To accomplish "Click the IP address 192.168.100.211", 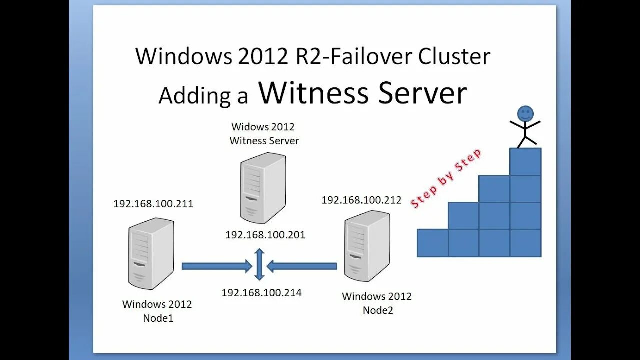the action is (153, 204).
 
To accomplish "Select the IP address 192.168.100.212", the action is (361, 200).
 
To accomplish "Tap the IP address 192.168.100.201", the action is (265, 235).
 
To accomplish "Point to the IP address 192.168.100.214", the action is (262, 293).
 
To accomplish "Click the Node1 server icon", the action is (151, 253).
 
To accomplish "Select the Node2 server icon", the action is (367, 246).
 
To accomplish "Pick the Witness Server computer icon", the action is (263, 188).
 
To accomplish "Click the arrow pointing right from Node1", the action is (216, 266).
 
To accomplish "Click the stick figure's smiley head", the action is (525, 114).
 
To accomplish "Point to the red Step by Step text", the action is (446, 178).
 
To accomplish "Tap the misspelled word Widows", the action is (249, 127).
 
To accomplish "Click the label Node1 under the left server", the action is (158, 318).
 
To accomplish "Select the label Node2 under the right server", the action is (378, 310).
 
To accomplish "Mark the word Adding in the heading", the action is (196, 95).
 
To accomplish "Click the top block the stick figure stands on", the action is (525, 162).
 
